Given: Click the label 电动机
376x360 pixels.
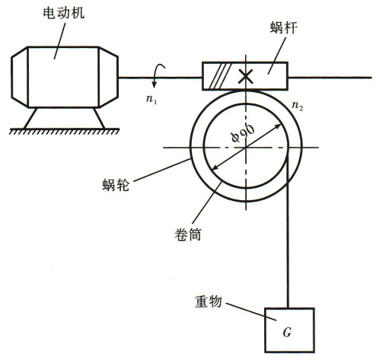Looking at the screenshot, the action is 64,13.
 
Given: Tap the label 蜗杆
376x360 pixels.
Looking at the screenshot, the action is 283,27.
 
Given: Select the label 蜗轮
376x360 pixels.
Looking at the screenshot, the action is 116,185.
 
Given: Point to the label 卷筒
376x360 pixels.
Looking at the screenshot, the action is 188,234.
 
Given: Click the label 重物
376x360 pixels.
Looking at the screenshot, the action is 209,301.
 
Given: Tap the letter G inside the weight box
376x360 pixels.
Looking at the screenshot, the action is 287,332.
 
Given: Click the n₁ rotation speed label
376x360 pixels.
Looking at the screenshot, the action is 151,99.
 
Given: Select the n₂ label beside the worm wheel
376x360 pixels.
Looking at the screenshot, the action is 298,105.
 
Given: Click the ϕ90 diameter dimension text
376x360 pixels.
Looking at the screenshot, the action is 243,134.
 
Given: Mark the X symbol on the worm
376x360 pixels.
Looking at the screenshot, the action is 245,77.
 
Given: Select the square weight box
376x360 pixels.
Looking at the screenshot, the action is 289,330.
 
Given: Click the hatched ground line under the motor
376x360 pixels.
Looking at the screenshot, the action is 64,131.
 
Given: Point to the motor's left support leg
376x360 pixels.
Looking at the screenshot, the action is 30,118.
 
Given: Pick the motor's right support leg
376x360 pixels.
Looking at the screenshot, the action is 99,118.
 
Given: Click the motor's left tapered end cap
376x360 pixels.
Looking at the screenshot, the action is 20,77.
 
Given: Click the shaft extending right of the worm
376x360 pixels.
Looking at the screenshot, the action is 330,78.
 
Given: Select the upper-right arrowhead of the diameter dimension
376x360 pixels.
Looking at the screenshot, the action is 279,126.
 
